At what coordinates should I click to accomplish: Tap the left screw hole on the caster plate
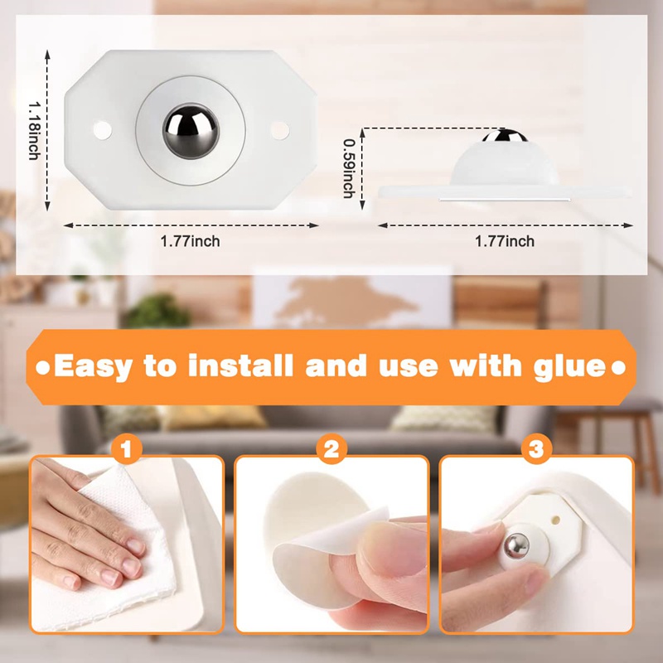pyautogui.click(x=103, y=128)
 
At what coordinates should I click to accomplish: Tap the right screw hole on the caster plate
pyautogui.click(x=279, y=128)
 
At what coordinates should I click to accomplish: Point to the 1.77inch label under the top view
pyautogui.click(x=191, y=241)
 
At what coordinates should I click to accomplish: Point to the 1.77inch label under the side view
pyautogui.click(x=505, y=241)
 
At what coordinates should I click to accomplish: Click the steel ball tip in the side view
pyautogui.click(x=511, y=136)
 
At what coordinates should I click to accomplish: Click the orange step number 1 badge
pyautogui.click(x=127, y=450)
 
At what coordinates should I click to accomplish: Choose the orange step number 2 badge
pyautogui.click(x=331, y=450)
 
